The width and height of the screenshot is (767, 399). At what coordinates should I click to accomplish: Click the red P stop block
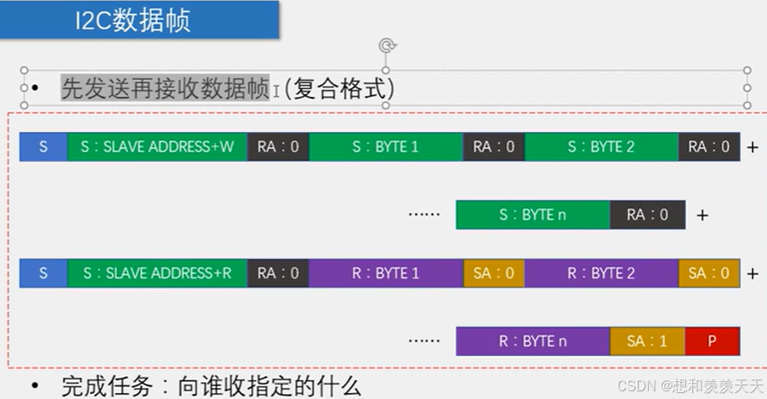pyautogui.click(x=712, y=341)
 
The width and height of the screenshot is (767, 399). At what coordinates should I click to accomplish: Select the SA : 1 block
pyautogui.click(x=647, y=341)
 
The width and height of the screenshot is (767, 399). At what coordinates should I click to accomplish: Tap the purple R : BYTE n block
pyautogui.click(x=532, y=341)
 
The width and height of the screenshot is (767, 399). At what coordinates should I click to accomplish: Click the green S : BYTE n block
pyautogui.click(x=532, y=215)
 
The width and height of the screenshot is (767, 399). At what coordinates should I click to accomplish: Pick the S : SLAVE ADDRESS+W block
pyautogui.click(x=156, y=146)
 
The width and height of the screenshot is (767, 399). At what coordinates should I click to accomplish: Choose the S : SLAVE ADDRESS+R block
pyautogui.click(x=156, y=273)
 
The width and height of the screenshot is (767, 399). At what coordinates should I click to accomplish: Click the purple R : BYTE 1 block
pyautogui.click(x=385, y=273)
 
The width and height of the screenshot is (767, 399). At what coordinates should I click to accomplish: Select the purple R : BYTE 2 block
pyautogui.click(x=601, y=273)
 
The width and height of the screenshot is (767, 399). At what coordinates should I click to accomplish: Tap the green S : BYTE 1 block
pyautogui.click(x=385, y=146)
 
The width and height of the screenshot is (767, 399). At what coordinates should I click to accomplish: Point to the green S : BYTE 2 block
pyautogui.click(x=601, y=146)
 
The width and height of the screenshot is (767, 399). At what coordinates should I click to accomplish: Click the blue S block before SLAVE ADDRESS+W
pyautogui.click(x=43, y=146)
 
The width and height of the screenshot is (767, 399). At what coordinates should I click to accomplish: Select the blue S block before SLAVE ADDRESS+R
pyautogui.click(x=43, y=273)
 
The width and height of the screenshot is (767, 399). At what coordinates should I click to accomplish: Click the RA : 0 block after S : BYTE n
pyautogui.click(x=647, y=215)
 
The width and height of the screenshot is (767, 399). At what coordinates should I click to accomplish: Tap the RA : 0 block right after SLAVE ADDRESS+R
pyautogui.click(x=278, y=273)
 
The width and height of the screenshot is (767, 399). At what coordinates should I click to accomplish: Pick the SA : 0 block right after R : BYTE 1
pyautogui.click(x=493, y=273)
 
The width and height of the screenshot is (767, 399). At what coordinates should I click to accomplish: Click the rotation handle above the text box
pyautogui.click(x=385, y=46)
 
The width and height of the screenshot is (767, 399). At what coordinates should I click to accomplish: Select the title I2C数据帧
pyautogui.click(x=131, y=20)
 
